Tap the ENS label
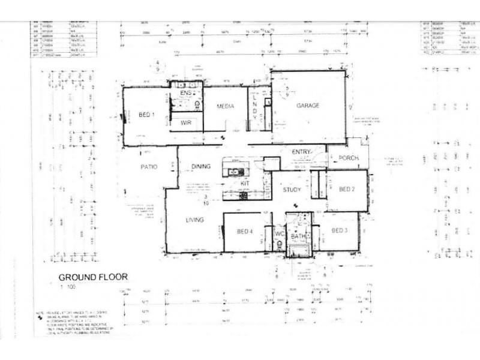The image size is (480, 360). point(185,94)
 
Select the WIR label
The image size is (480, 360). point(185,122)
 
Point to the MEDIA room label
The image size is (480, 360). point(225,106)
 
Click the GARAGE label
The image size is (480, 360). point(308,106)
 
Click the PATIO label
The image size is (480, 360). point(149,167)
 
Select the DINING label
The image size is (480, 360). point(201,167)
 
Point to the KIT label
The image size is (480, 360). point(245,182)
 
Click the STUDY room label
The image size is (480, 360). point(292,190)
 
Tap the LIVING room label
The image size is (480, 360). point(194,220)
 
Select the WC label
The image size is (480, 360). point(279,233)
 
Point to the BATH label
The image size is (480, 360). point(299,238)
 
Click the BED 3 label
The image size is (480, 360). point(340,231)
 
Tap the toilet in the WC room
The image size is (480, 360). point(279,244)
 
